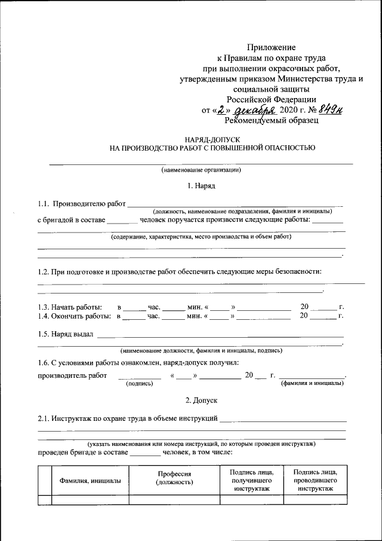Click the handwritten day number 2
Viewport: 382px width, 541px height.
[x=222, y=110]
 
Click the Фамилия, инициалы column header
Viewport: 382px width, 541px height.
[x=89, y=481]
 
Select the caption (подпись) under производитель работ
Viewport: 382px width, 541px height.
[x=139, y=384]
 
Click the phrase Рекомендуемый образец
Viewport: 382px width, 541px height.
[x=272, y=120]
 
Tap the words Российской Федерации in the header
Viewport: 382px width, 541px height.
[x=272, y=99]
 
